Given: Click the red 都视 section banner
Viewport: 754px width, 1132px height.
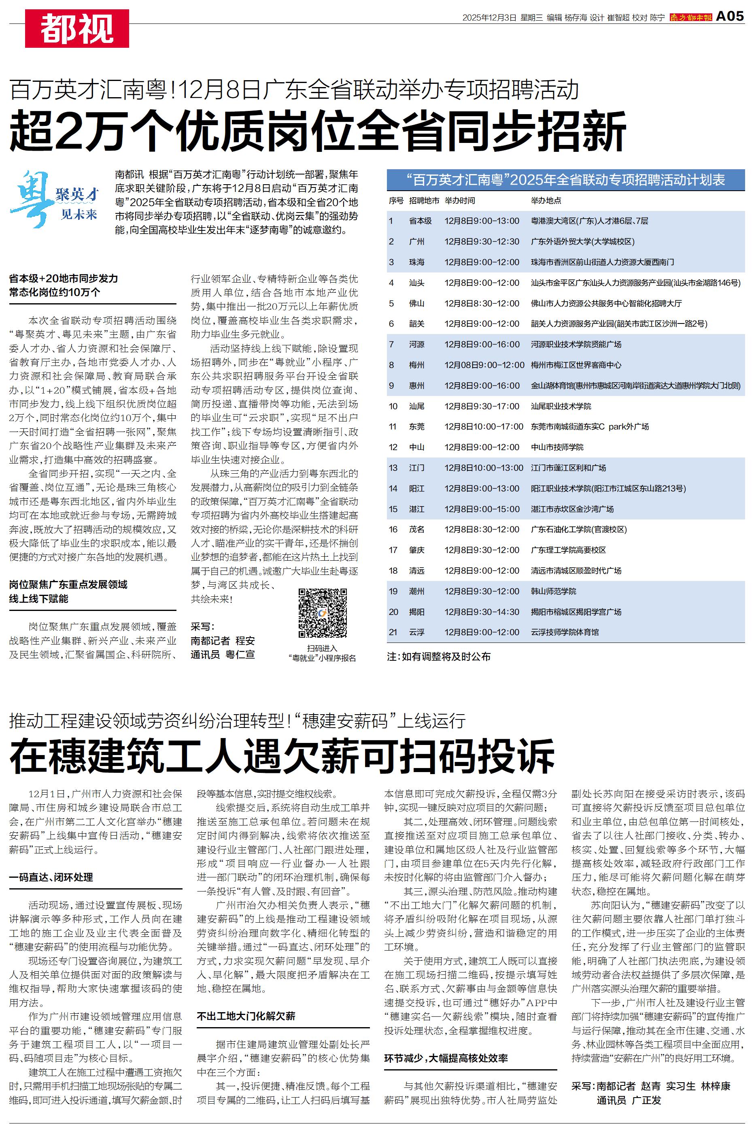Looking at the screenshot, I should (x=77, y=28).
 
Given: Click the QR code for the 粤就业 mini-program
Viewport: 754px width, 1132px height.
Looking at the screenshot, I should (x=323, y=613).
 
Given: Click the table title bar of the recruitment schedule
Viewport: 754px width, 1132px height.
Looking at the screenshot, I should (x=565, y=180).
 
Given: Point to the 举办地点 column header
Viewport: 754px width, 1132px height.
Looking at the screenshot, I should (x=546, y=200).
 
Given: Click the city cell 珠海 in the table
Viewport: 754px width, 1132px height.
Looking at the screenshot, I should (x=416, y=262).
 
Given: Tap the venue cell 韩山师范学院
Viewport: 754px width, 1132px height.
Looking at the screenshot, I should (x=553, y=591).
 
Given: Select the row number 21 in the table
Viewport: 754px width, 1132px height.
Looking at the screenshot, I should (x=393, y=632).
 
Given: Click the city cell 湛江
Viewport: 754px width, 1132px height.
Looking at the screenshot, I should (x=416, y=509).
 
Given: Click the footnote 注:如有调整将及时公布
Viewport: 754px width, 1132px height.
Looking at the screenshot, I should (x=439, y=656).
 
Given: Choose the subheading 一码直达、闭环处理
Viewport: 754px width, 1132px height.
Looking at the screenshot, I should (x=51, y=877).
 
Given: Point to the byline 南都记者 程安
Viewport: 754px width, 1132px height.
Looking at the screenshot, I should (x=223, y=640).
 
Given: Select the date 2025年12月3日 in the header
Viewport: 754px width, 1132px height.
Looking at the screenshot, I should (x=489, y=17).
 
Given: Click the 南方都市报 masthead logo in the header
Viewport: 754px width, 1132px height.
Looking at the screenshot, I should (x=690, y=17).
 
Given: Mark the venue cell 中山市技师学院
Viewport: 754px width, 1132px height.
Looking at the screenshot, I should (x=557, y=447).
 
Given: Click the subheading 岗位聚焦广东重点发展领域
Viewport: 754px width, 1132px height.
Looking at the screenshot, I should (x=68, y=585).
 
